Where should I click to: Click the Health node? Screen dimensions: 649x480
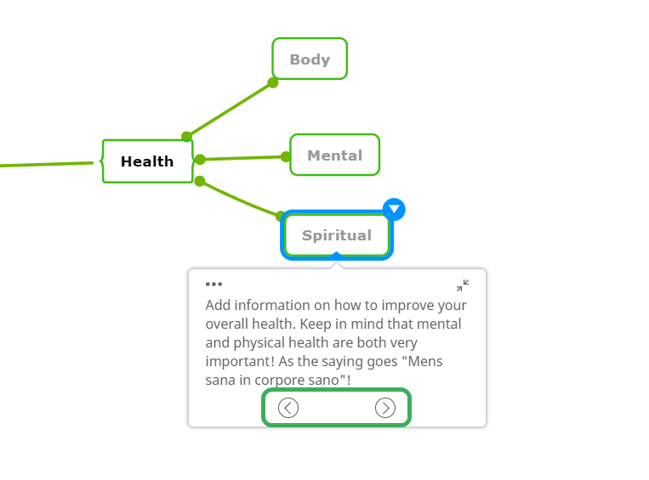(147, 161)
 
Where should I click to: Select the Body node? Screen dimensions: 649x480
(310, 59)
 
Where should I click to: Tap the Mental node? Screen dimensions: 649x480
(335, 155)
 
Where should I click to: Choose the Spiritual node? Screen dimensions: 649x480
(337, 235)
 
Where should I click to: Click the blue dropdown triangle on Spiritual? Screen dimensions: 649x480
(394, 209)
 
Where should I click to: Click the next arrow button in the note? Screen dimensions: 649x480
(385, 408)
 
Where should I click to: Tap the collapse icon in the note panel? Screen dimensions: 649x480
(463, 285)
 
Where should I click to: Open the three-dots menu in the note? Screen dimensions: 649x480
(213, 284)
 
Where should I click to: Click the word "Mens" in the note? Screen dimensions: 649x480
(425, 361)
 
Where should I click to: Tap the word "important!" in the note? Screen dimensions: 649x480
(240, 361)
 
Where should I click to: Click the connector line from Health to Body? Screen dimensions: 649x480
(230, 110)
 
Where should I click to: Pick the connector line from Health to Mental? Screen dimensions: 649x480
(243, 158)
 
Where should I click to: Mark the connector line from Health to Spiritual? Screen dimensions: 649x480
(240, 199)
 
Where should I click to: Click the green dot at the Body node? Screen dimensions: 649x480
(273, 82)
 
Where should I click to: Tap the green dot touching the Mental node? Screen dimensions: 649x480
(286, 156)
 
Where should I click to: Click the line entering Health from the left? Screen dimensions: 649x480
(46, 165)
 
